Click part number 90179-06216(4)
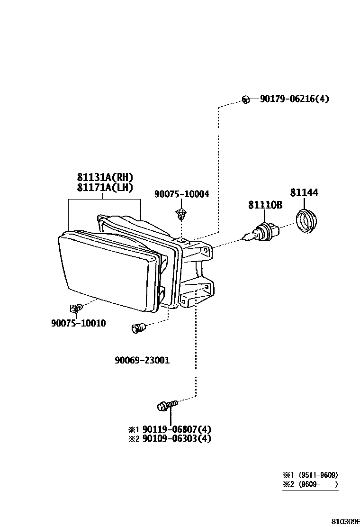click(294, 99)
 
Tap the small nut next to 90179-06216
click(245, 99)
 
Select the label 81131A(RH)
click(105, 177)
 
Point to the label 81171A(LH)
click(105, 188)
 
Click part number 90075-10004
click(181, 194)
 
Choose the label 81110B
click(265, 205)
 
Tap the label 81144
click(304, 192)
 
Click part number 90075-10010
click(78, 323)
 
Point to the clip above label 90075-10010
click(76, 309)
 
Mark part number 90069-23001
click(142, 360)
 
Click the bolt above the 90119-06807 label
click(167, 406)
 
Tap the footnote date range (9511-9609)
click(318, 475)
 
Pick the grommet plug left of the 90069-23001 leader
click(139, 327)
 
